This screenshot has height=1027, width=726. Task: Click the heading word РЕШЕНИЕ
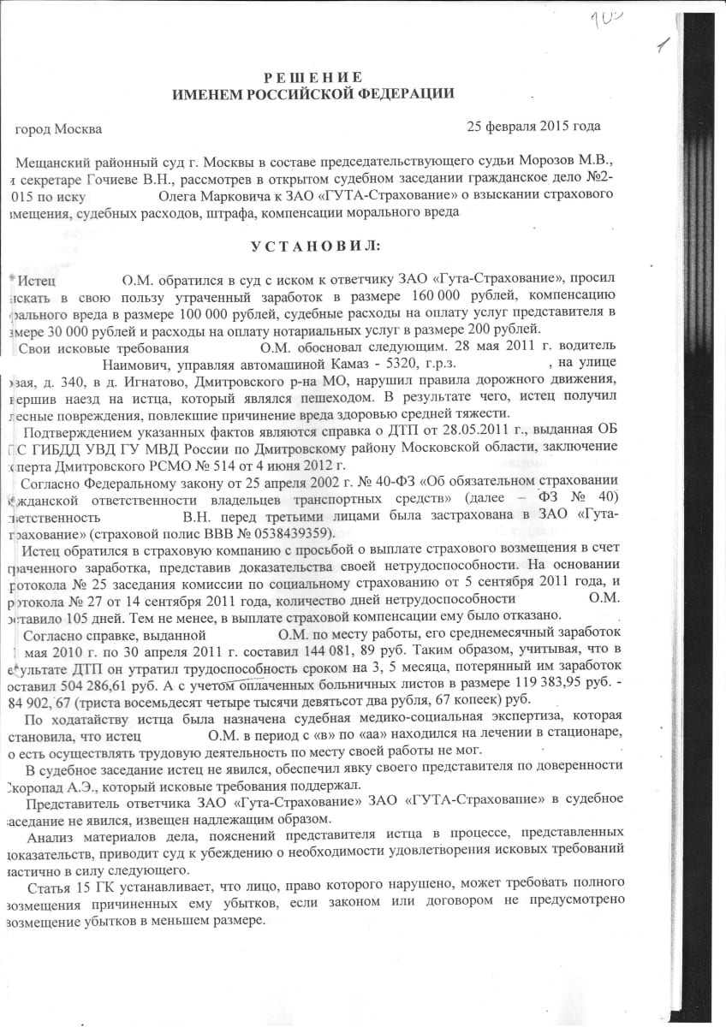point(312,78)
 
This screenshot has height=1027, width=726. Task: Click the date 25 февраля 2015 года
point(533,126)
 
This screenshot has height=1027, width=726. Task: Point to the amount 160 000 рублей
point(447,296)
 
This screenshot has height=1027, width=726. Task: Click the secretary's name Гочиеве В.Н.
point(108,180)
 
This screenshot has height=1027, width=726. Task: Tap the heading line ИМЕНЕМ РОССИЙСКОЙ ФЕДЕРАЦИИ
point(312,94)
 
